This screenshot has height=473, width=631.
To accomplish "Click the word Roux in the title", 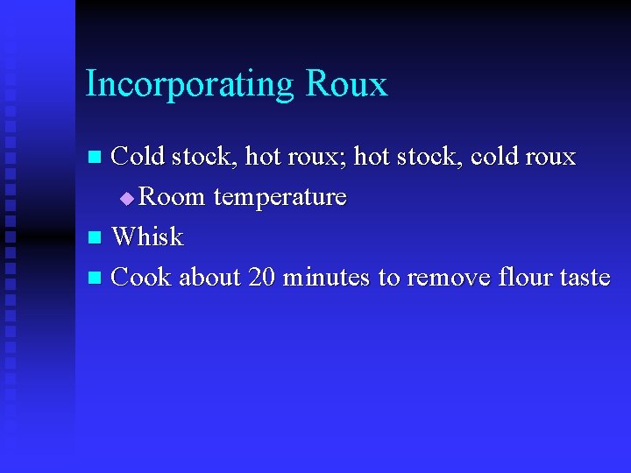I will [346, 84].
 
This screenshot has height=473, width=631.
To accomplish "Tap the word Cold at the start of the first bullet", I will [138, 156].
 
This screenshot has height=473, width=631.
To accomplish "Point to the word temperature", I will [280, 197].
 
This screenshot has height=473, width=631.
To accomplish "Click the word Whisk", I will [148, 236].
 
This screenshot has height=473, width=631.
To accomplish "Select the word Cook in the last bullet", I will [142, 277].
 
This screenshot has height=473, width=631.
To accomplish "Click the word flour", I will [523, 277].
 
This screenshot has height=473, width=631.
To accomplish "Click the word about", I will [211, 277].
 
